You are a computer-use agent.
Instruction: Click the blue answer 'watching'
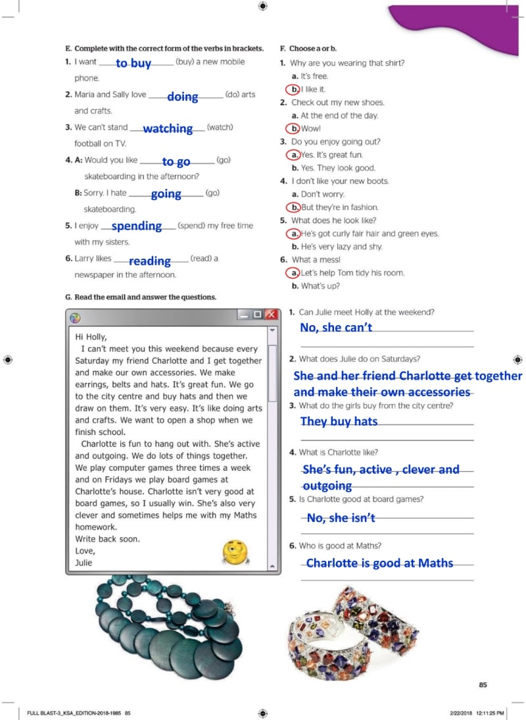168,128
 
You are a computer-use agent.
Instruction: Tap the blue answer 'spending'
137,226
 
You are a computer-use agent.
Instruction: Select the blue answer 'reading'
150,261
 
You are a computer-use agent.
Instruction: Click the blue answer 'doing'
183,97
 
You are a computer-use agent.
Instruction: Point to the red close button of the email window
270,315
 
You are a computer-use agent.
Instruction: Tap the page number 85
483,685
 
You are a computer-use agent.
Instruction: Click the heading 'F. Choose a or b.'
308,49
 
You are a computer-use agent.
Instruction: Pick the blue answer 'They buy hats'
339,421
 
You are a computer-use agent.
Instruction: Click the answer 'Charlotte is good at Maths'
379,563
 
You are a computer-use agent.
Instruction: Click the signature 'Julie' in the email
84,563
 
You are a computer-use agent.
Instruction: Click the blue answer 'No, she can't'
336,327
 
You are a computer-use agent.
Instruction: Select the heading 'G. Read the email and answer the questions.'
141,297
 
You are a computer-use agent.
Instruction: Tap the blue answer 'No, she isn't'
341,518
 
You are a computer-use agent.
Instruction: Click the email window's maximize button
256,315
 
